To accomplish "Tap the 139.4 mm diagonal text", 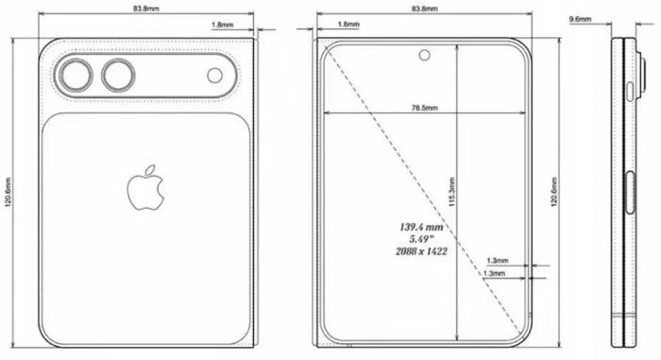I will pos(422,227).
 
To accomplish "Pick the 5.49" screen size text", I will pos(422,239).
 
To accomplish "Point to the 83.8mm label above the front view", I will pos(424,8).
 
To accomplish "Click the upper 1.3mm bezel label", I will pos(498,259).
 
